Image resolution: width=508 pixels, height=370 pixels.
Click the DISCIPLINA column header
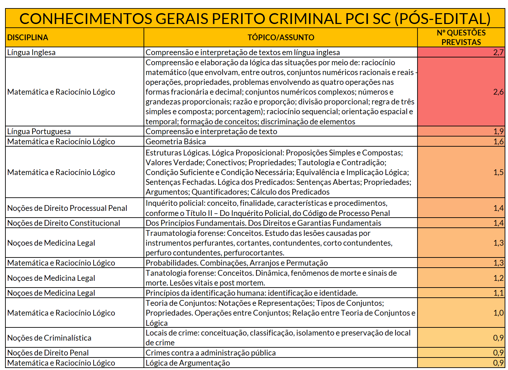(x=28, y=38)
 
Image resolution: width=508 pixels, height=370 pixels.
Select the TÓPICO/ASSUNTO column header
(x=281, y=38)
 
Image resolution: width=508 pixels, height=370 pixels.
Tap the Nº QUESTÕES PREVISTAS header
(x=461, y=38)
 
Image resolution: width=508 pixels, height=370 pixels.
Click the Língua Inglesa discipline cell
(x=31, y=52)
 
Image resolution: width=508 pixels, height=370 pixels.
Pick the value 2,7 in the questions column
(x=498, y=52)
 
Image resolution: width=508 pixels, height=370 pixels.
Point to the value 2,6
(x=498, y=92)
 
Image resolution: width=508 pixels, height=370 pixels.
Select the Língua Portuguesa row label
(x=39, y=131)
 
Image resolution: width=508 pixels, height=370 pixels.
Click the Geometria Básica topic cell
(x=176, y=142)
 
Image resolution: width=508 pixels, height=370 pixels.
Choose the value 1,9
(x=498, y=131)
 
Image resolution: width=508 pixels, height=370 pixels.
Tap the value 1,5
(x=498, y=172)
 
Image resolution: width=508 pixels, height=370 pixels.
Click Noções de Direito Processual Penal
(x=67, y=208)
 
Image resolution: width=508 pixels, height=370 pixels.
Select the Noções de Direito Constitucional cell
(x=63, y=223)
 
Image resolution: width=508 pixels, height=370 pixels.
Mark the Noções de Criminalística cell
(x=49, y=338)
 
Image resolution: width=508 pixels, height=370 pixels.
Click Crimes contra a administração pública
(x=210, y=353)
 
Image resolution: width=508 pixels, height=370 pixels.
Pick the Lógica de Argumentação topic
(x=187, y=363)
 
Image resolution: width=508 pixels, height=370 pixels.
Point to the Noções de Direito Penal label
(x=48, y=353)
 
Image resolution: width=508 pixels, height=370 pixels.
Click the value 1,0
(x=498, y=313)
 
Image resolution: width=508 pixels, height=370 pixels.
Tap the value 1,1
(x=498, y=293)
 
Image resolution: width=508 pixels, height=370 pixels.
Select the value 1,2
(x=498, y=278)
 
